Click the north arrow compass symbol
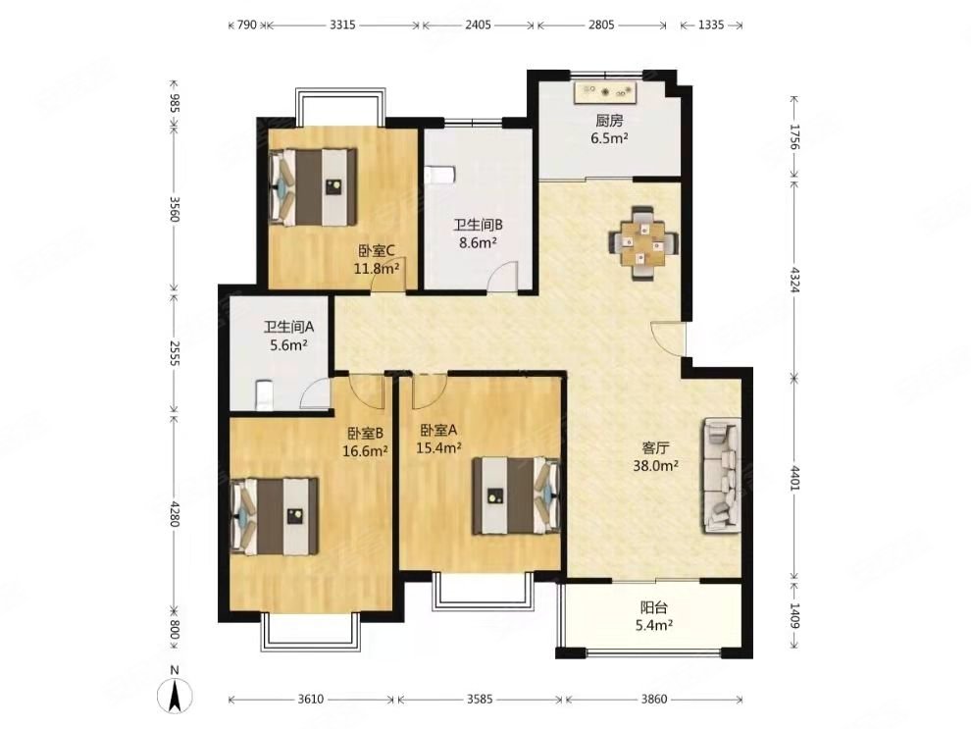point(175,695)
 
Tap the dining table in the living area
point(642,242)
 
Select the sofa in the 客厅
point(722,477)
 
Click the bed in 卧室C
point(313,186)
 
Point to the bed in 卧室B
point(275,516)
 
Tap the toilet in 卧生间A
point(264,395)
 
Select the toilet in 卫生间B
point(440,174)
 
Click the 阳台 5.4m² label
point(654,617)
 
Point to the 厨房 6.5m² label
point(609,129)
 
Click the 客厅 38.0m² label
point(656,456)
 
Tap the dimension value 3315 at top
point(342,25)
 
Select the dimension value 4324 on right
point(794,280)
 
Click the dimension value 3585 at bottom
point(480,700)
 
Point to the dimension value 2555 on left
point(174,353)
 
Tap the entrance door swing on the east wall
point(669,338)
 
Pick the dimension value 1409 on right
point(794,615)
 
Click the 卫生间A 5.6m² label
point(289,336)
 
